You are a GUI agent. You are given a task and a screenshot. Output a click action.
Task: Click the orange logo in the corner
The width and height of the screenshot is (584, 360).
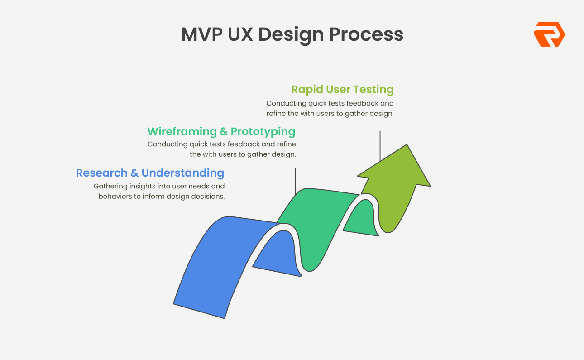tap(549, 34)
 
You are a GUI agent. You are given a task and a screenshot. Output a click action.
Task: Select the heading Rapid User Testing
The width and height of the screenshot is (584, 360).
tap(342, 89)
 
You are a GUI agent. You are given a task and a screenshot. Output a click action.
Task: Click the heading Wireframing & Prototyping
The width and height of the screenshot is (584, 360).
tap(221, 131)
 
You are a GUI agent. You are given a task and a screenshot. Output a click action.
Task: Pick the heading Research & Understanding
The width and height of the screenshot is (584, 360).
tap(150, 173)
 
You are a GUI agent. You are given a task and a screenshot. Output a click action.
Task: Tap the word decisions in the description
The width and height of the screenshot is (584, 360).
tap(209, 197)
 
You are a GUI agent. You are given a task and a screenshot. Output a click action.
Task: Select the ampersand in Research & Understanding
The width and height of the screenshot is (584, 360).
tap(134, 173)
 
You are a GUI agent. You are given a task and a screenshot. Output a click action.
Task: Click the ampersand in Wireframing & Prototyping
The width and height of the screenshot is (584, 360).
tap(224, 132)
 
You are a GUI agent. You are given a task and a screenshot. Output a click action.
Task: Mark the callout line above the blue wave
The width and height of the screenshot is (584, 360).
tap(211, 215)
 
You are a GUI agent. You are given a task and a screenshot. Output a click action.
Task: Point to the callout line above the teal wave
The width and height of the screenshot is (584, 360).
tap(296, 181)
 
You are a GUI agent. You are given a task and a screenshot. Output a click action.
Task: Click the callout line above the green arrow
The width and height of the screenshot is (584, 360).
tap(380, 145)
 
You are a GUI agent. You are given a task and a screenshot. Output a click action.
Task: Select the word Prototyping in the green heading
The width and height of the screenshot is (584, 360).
tap(263, 131)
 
